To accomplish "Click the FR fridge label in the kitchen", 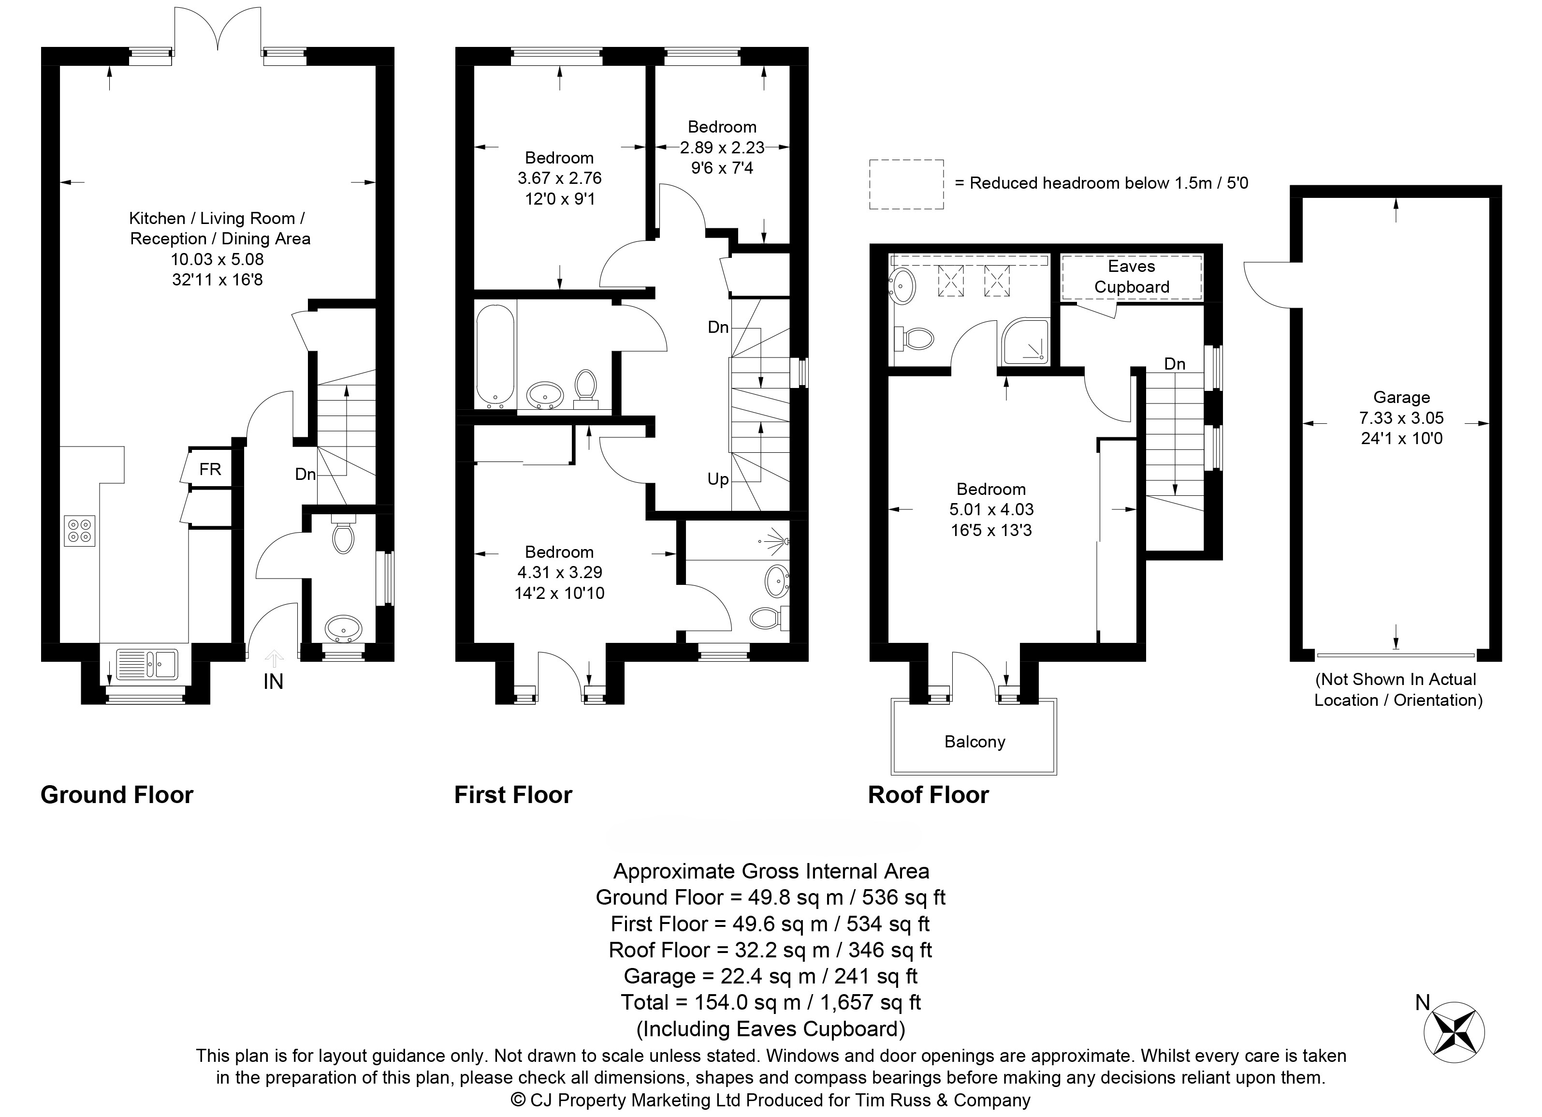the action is (210, 469).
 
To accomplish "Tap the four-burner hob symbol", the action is (80, 531).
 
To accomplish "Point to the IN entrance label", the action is (273, 682).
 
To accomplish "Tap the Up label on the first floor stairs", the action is (718, 479).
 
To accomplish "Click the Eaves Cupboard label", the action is (1131, 277).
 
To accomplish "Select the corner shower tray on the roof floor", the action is (1025, 342).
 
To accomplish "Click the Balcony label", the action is (975, 742).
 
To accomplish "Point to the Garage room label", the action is (1401, 397).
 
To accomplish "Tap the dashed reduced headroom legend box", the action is (906, 184).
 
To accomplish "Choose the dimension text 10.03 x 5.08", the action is (217, 259).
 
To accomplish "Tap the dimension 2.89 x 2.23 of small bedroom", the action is (722, 148).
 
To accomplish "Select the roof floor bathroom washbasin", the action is (903, 287).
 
